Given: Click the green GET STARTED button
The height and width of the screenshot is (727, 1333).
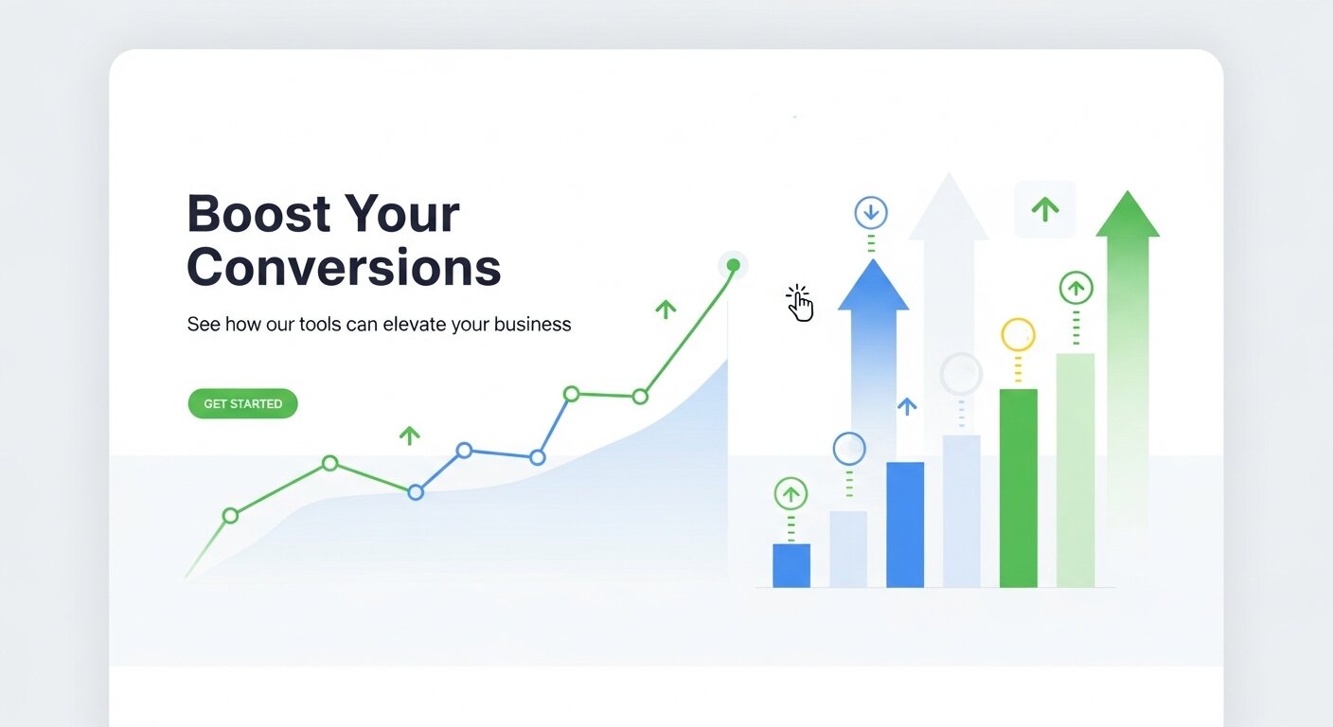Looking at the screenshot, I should pyautogui.click(x=242, y=403).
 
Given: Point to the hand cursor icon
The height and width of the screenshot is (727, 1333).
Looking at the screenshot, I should pyautogui.click(x=800, y=304).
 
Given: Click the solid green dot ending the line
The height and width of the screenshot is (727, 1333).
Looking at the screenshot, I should pyautogui.click(x=733, y=265).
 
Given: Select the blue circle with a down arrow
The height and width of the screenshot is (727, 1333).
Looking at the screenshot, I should pyautogui.click(x=871, y=213).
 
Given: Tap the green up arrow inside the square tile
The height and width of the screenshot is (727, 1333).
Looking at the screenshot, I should pyautogui.click(x=1044, y=209).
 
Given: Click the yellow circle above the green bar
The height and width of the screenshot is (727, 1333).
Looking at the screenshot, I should pyautogui.click(x=1018, y=334).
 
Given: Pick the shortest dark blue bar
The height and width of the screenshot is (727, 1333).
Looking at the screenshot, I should pyautogui.click(x=791, y=565).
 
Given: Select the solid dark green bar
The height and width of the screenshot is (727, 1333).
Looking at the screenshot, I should pyautogui.click(x=1019, y=488).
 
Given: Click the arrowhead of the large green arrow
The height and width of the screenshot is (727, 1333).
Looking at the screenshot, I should pyautogui.click(x=1127, y=215).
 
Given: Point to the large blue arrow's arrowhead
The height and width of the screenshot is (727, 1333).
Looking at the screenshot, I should pyautogui.click(x=872, y=285).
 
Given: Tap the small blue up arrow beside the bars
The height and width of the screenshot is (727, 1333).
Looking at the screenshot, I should pyautogui.click(x=906, y=406).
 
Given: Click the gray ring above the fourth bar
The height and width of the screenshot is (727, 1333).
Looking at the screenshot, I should pyautogui.click(x=961, y=374).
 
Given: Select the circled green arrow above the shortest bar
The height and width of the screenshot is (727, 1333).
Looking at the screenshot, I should pyautogui.click(x=791, y=493).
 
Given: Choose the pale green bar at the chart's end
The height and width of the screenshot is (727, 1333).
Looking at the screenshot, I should pyautogui.click(x=1075, y=470).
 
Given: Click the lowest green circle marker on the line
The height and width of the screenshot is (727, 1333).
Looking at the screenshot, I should pyautogui.click(x=230, y=516).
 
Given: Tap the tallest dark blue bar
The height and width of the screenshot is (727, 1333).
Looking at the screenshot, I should pyautogui.click(x=905, y=524).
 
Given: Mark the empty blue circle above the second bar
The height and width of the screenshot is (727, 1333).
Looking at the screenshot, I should pyautogui.click(x=849, y=449).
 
